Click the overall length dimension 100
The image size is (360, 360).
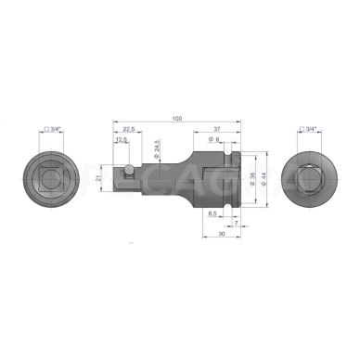176,120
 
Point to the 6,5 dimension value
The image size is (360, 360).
212,213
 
